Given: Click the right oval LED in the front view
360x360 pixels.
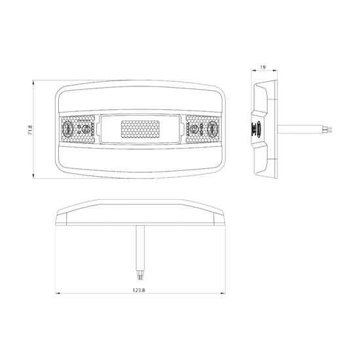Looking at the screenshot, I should (x=212, y=129).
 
